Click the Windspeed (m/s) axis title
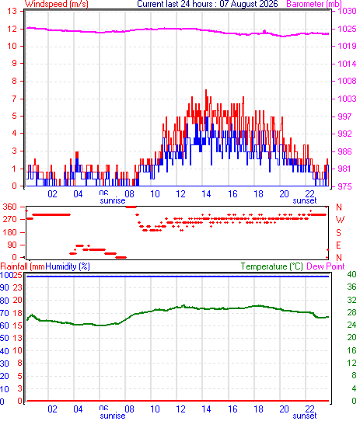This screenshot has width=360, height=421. (57, 4)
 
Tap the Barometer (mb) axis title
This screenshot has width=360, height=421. (314, 4)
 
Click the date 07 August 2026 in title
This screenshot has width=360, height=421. (249, 4)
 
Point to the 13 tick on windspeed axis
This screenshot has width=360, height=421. (12, 12)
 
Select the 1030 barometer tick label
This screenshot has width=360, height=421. (347, 12)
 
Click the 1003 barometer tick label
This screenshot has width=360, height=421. (347, 99)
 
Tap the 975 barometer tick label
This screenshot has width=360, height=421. (344, 186)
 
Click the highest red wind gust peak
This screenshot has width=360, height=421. (206, 90)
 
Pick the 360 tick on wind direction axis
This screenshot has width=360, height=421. (9, 207)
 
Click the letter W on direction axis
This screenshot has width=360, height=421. (340, 220)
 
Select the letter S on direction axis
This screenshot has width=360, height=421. (338, 232)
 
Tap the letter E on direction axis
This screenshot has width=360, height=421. (338, 245)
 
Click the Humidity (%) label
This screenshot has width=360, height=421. (68, 266)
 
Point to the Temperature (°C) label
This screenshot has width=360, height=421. (271, 266)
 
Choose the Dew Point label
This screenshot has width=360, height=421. (326, 266)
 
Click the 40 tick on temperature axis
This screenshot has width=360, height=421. (351, 274)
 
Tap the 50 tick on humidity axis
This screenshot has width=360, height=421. (5, 338)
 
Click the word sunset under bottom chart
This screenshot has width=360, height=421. (305, 416)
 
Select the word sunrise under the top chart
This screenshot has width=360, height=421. (113, 200)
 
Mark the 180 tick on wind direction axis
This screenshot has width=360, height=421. (9, 232)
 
